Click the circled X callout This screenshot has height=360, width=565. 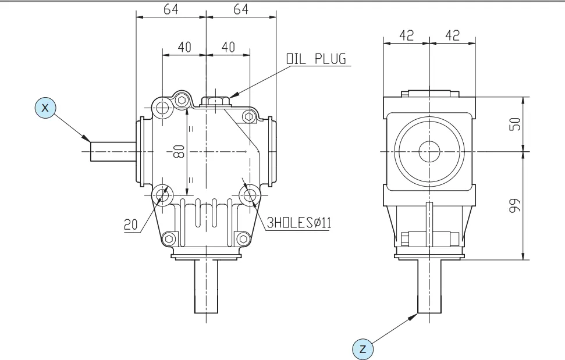46,108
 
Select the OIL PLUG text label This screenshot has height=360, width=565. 315,59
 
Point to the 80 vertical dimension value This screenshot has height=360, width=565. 179,152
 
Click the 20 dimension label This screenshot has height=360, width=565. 131,224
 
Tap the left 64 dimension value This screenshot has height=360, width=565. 170,10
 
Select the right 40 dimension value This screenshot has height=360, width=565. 228,47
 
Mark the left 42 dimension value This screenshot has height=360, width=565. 406,35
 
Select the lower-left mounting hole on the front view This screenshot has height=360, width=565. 162,194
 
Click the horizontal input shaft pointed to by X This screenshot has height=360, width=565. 113,152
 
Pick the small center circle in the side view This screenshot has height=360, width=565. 429,152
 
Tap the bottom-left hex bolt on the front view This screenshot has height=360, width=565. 169,238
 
